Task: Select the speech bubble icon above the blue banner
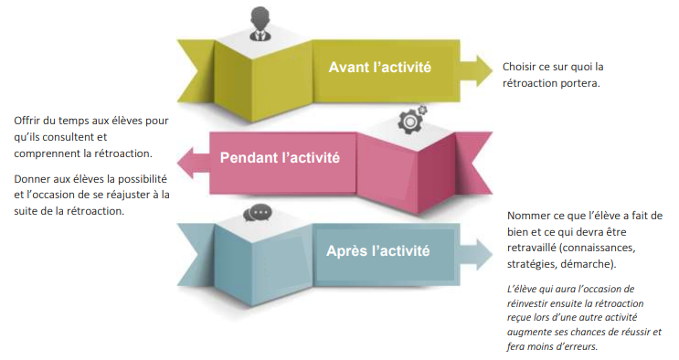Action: coord(258,213)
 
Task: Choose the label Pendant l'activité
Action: coord(280,157)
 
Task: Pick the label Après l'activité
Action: coord(378,249)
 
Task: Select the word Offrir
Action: coord(29,121)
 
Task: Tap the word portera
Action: coord(582,83)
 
